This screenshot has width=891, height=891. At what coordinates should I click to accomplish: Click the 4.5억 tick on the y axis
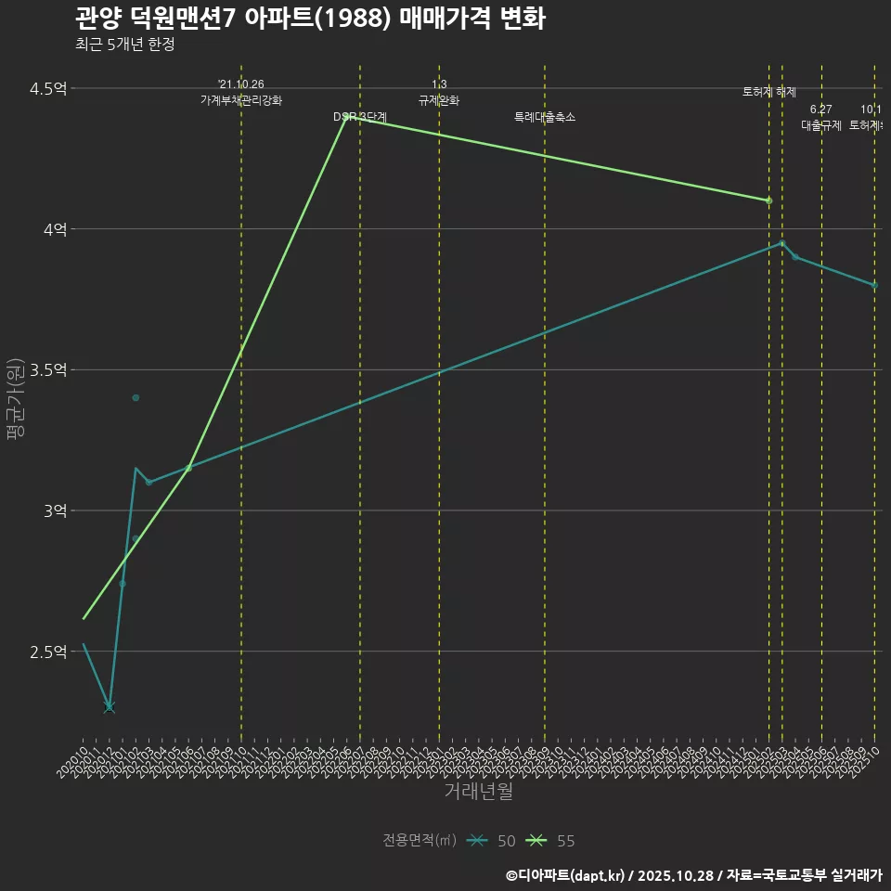(48, 89)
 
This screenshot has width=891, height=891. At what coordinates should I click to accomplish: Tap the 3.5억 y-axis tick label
(48, 370)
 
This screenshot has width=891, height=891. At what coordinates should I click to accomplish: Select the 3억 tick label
(54, 511)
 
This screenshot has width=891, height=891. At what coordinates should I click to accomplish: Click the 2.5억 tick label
(48, 652)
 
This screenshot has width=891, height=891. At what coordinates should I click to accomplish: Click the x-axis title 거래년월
(478, 792)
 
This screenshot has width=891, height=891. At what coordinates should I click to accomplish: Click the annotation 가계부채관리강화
(241, 100)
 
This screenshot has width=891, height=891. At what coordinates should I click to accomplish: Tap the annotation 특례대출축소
(545, 117)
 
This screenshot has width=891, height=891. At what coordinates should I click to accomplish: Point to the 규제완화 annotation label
(439, 100)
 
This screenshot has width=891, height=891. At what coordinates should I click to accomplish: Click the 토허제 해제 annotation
(769, 92)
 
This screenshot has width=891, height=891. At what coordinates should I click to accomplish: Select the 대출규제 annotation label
(821, 125)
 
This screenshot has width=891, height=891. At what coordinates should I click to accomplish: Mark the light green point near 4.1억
(768, 200)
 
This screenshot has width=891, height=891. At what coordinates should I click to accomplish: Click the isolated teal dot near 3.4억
(136, 397)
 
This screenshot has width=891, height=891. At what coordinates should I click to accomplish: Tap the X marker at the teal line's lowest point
(110, 707)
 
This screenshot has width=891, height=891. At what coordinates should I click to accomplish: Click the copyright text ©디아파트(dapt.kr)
(567, 875)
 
